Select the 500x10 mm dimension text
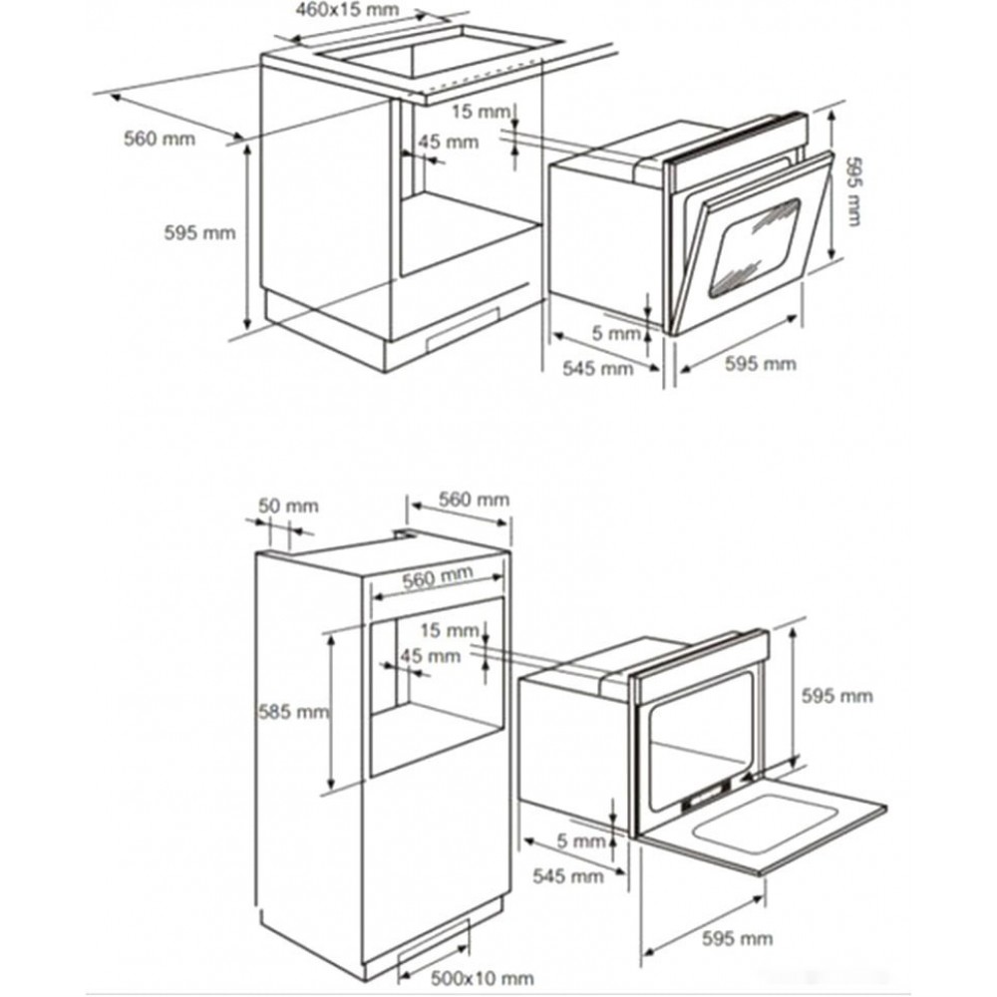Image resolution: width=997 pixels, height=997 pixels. pos(482,977)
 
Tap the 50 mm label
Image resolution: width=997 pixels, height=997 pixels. pos(288,506)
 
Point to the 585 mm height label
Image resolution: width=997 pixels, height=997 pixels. pos(293,712)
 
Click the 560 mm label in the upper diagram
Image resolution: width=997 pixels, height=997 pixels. pos(160,139)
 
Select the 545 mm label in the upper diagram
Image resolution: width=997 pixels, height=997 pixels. pos(597,368)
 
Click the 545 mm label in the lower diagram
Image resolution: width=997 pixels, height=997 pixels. pos(568,876)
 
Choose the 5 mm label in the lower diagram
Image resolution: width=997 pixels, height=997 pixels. pos(581,841)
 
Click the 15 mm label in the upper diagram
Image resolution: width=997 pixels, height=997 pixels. pos(481,112)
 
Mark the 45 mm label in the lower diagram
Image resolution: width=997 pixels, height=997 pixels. pos(431,656)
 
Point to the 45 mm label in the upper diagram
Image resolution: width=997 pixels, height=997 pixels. pos(449,142)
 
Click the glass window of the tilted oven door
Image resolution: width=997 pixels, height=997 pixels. pos(755,248)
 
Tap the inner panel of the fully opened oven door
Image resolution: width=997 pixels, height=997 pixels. pos(763,825)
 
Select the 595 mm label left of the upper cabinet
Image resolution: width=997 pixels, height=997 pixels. pos(199,232)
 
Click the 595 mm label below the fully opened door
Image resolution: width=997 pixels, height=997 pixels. pos(738,938)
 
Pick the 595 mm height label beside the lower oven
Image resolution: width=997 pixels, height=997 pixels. pos(836,696)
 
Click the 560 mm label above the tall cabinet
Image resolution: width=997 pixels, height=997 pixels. pos(474,499)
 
